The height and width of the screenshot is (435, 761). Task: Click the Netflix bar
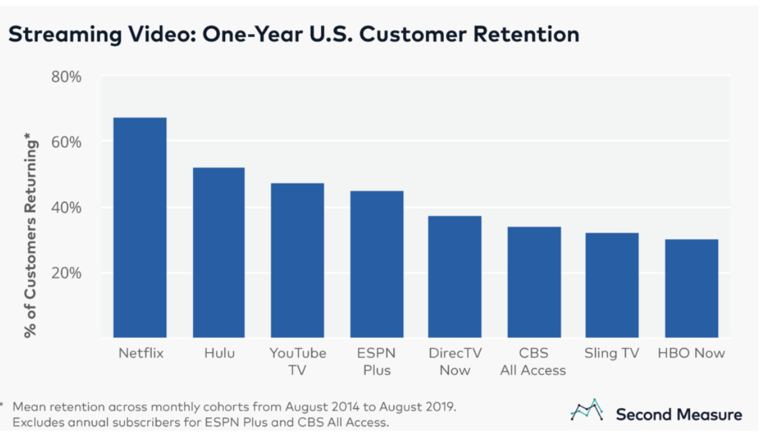(140, 228)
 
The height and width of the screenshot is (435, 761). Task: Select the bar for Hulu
(219, 253)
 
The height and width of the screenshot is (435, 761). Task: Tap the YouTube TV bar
(297, 260)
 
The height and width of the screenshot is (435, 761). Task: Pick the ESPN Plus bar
(377, 264)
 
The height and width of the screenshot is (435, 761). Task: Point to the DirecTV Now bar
(455, 277)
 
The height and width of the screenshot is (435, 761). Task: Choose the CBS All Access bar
(534, 282)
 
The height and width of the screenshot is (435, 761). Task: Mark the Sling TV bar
(612, 285)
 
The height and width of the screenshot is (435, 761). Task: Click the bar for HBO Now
(691, 289)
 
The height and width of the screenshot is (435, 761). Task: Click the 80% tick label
(66, 77)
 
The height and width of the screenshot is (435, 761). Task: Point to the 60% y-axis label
(66, 142)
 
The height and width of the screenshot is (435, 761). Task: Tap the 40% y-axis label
(66, 207)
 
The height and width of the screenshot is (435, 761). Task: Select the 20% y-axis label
(66, 273)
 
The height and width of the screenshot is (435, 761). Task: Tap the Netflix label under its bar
(141, 353)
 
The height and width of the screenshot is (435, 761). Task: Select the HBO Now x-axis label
(691, 353)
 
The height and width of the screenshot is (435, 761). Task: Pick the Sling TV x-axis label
(612, 353)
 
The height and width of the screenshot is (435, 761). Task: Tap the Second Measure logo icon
(587, 410)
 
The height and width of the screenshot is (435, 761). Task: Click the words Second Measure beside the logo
(679, 415)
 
